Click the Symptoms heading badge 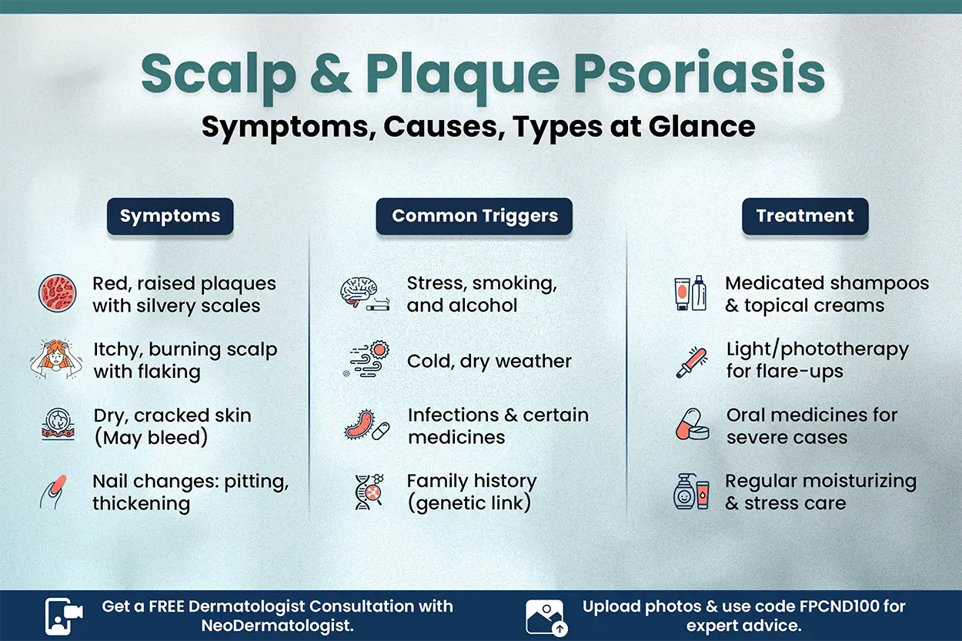(x=170, y=216)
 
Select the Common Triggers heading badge (x=474, y=216)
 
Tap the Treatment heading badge (x=804, y=216)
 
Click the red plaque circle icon (x=58, y=295)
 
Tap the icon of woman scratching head (x=55, y=360)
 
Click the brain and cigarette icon (x=365, y=295)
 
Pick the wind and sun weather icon (x=365, y=360)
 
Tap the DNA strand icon (x=365, y=492)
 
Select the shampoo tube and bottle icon (x=690, y=294)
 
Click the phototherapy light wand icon (x=691, y=360)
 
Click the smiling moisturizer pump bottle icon (x=690, y=492)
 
